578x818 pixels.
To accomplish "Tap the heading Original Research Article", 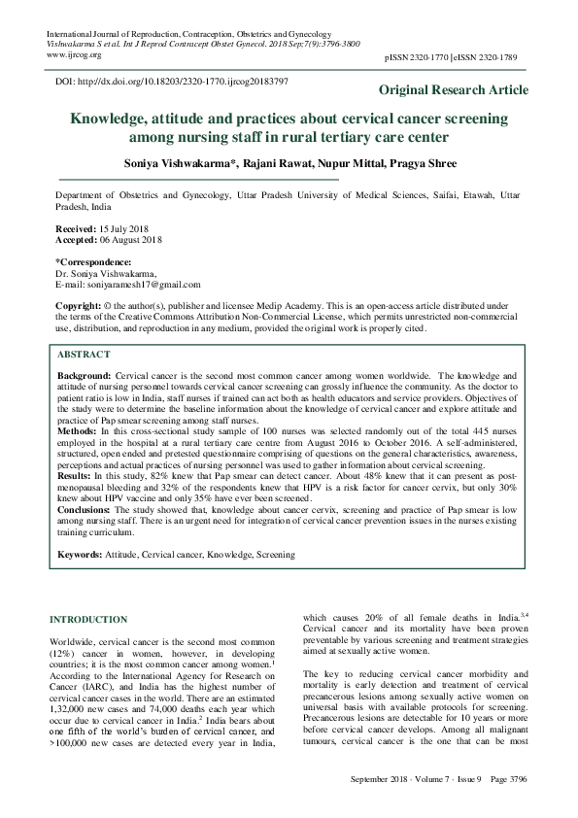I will pyautogui.click(x=454, y=90).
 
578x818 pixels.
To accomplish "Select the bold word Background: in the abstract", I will pyautogui.click(x=85, y=374).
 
